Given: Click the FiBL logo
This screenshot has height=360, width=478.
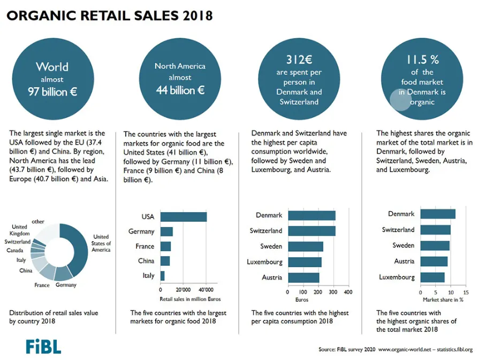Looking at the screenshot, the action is pyautogui.click(x=43, y=347).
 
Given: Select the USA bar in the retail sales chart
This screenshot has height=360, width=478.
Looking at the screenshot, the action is pyautogui.click(x=184, y=217).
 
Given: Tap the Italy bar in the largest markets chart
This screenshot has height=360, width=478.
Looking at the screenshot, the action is pyautogui.click(x=163, y=276).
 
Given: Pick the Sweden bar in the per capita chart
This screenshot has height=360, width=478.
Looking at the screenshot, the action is pyautogui.click(x=306, y=246).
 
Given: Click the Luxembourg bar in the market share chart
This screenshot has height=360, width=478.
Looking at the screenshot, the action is pyautogui.click(x=433, y=277).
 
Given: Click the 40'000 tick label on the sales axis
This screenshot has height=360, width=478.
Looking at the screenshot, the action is pyautogui.click(x=206, y=290).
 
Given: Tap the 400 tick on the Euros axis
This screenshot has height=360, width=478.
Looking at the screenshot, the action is pyautogui.click(x=348, y=292).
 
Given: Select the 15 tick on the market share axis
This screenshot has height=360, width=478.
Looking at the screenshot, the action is pyautogui.click(x=466, y=292).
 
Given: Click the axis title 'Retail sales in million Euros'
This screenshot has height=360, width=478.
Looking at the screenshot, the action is pyautogui.click(x=190, y=299).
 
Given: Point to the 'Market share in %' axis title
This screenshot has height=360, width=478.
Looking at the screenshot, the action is pyautogui.click(x=443, y=299).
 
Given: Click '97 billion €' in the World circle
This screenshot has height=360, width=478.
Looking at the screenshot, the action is pyautogui.click(x=52, y=92).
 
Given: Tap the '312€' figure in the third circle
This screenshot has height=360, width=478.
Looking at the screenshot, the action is pyautogui.click(x=299, y=59).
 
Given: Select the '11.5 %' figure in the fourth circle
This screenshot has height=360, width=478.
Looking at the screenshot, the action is pyautogui.click(x=422, y=59).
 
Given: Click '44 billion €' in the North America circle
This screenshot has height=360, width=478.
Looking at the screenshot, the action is pyautogui.click(x=180, y=90).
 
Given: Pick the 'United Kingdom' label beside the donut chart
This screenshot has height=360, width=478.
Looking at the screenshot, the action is pyautogui.click(x=19, y=230).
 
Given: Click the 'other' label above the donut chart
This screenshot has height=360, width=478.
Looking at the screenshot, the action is pyautogui.click(x=38, y=221).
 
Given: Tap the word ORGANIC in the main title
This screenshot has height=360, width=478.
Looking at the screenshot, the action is pyautogui.click(x=41, y=15).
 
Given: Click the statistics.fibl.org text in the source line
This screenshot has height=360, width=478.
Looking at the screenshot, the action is pyautogui.click(x=454, y=349).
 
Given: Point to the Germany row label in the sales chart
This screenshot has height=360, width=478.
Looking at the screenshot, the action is pyautogui.click(x=141, y=231).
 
